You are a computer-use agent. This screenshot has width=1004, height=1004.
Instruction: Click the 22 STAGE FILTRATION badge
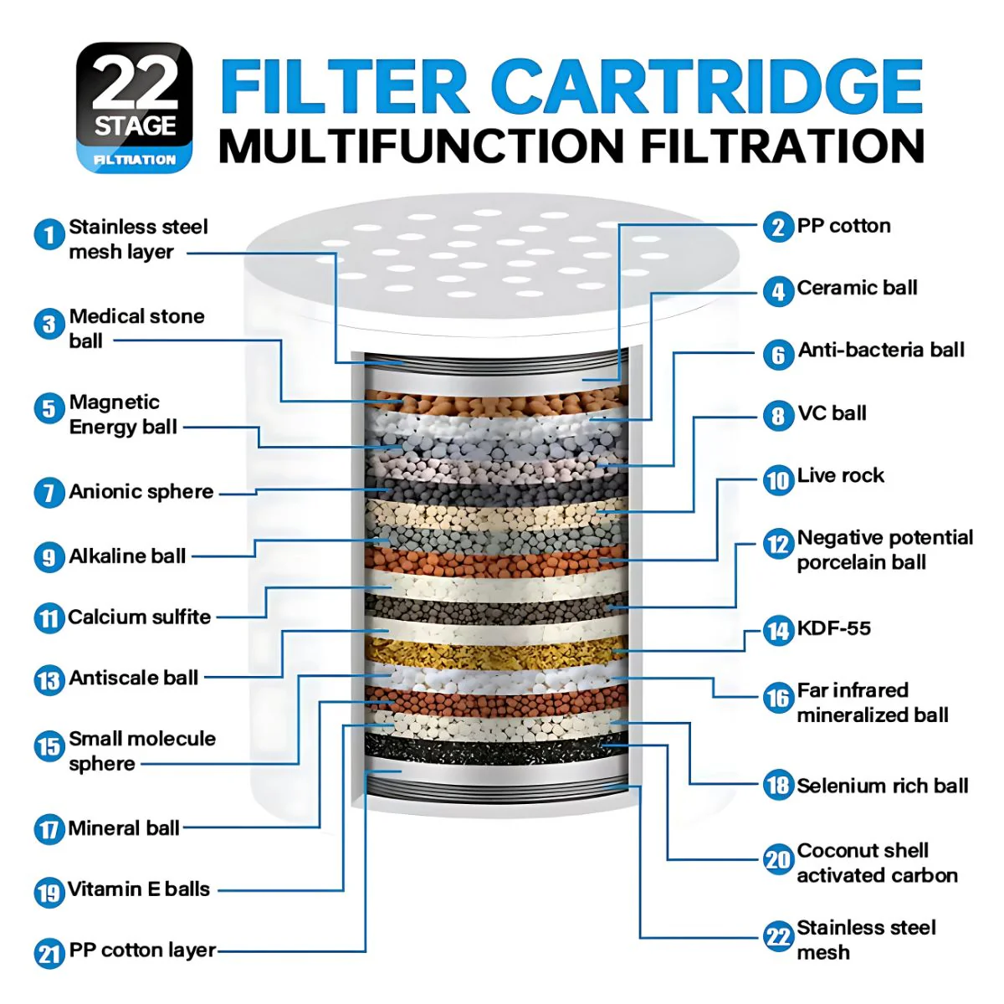[135, 107]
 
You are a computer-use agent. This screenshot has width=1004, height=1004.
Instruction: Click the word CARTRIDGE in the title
[706, 86]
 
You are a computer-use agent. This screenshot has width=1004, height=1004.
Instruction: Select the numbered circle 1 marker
[49, 234]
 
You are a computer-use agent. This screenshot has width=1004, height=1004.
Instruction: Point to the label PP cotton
[843, 226]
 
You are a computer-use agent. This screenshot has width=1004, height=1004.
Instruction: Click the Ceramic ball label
[857, 288]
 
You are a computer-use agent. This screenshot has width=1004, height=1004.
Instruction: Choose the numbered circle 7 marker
[49, 492]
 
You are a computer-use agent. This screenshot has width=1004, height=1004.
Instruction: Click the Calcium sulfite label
[140, 617]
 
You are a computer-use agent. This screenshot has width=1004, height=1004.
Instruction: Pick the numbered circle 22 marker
[778, 936]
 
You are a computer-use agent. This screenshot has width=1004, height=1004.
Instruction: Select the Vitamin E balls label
[139, 889]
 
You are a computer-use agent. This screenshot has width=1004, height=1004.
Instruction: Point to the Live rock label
[840, 475]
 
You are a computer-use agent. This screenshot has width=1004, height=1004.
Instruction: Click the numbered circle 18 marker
[778, 785]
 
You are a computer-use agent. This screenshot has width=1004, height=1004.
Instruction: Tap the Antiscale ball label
[134, 678]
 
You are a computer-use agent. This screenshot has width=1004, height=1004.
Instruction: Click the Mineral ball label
[124, 828]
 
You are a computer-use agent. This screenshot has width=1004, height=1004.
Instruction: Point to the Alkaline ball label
[128, 556]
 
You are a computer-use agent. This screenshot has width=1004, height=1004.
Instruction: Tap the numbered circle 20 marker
[778, 860]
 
